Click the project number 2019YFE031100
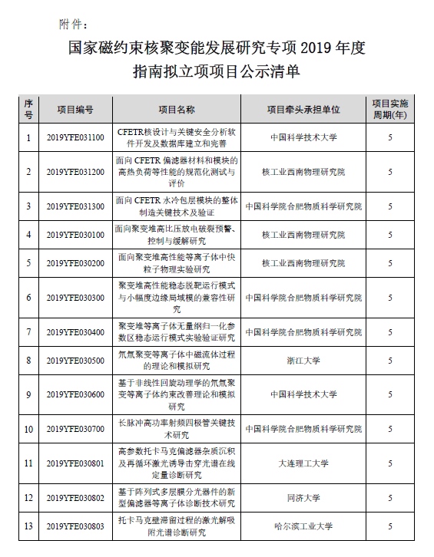(x=75, y=138)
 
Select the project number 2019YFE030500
(x=75, y=361)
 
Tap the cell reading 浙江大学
(x=303, y=361)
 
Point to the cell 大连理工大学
(x=303, y=463)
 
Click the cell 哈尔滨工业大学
(x=303, y=527)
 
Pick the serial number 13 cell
(x=28, y=527)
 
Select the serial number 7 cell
(x=28, y=332)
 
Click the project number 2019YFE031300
(x=75, y=206)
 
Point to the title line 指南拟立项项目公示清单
(x=216, y=74)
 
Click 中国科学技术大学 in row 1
(x=303, y=138)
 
